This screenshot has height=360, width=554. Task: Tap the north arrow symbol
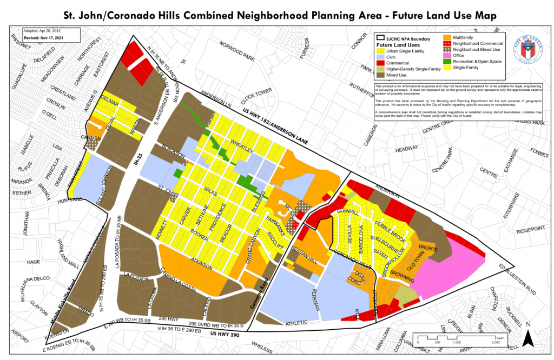click(531, 339)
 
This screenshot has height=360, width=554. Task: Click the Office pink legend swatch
click(446, 55)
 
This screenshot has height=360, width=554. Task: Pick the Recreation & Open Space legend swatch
click(446, 62)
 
